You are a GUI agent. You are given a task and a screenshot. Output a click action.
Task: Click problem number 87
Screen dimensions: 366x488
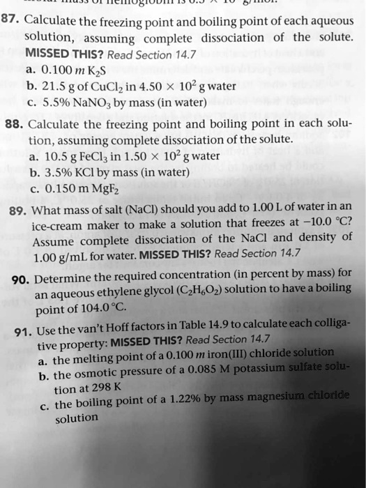tap(13, 18)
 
